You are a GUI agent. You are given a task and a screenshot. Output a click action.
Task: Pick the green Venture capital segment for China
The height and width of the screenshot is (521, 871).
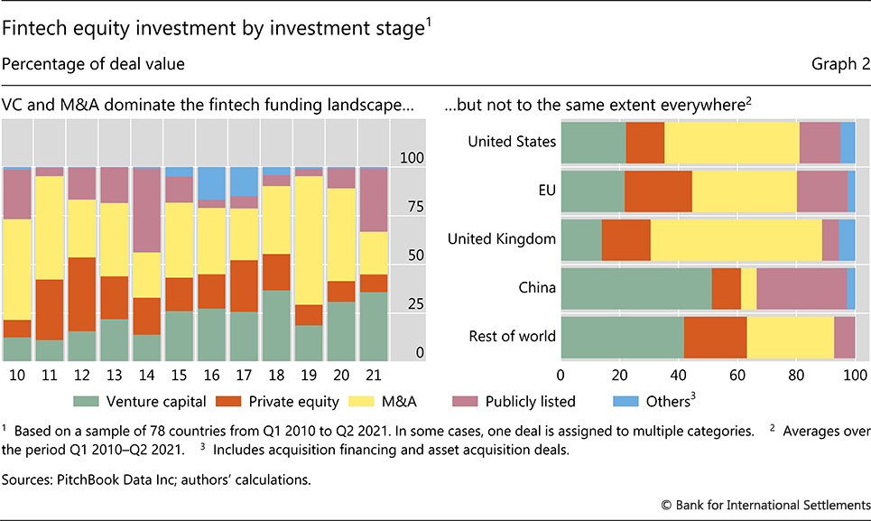(x=635, y=288)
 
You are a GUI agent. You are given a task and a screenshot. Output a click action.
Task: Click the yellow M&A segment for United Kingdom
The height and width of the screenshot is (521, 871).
(x=736, y=239)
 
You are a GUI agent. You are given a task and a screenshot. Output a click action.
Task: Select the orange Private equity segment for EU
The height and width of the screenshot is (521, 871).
(x=658, y=191)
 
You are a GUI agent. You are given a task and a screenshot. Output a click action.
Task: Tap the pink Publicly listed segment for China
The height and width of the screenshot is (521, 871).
(x=802, y=288)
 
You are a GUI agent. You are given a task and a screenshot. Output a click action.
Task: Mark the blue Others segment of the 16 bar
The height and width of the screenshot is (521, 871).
(x=212, y=182)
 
